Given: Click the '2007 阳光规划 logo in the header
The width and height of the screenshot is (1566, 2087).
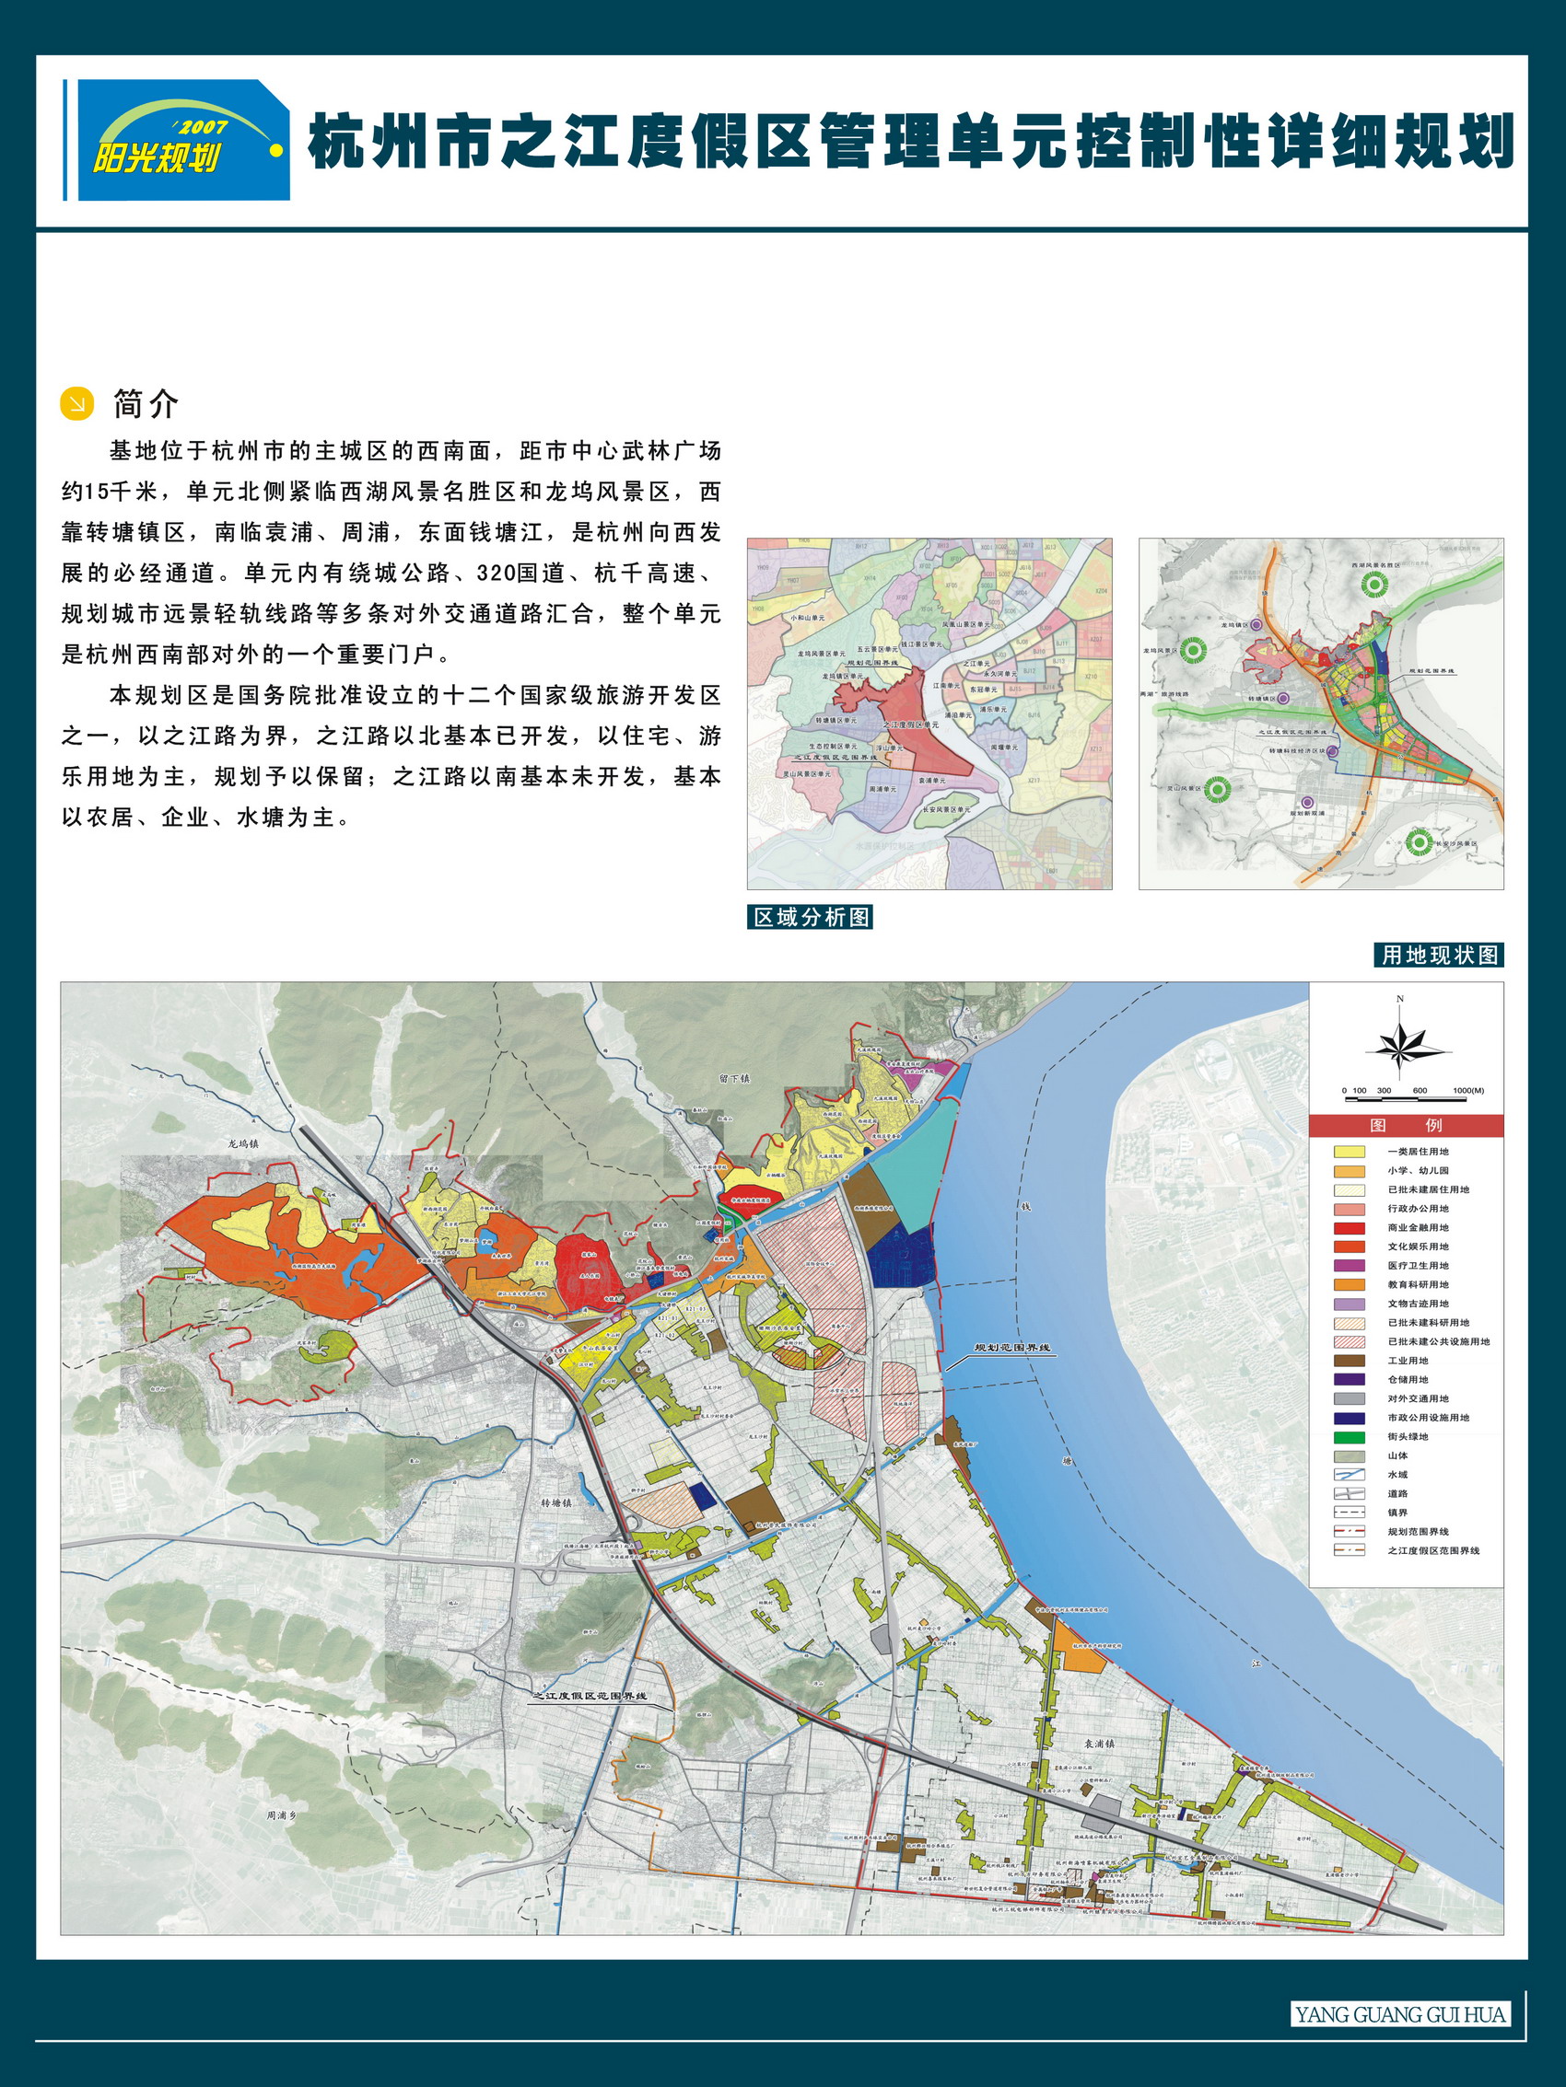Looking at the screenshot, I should [183, 140].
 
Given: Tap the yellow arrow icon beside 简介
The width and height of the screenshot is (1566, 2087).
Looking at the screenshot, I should [77, 403].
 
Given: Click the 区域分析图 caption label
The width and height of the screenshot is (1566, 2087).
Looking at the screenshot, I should [810, 917].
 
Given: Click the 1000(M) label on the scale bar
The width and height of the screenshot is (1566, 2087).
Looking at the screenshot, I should [1467, 1091].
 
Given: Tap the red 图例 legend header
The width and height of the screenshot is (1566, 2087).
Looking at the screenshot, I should [1406, 1126].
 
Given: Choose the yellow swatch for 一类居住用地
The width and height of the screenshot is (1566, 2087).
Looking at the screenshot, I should [1349, 1152].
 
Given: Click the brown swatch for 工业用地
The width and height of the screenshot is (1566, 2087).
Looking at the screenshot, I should [1349, 1361].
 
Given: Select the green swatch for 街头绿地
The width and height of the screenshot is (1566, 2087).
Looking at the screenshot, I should [1349, 1437].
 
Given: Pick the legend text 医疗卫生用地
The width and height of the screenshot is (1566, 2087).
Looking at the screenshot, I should [1418, 1266].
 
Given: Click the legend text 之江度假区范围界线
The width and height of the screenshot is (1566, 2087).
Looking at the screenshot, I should [1433, 1550].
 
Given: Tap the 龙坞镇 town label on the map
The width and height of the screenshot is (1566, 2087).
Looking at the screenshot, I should [242, 1143].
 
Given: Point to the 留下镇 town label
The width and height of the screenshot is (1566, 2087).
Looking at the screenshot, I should [733, 1077].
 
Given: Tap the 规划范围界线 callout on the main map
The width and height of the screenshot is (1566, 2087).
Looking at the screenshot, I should [1013, 1349].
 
